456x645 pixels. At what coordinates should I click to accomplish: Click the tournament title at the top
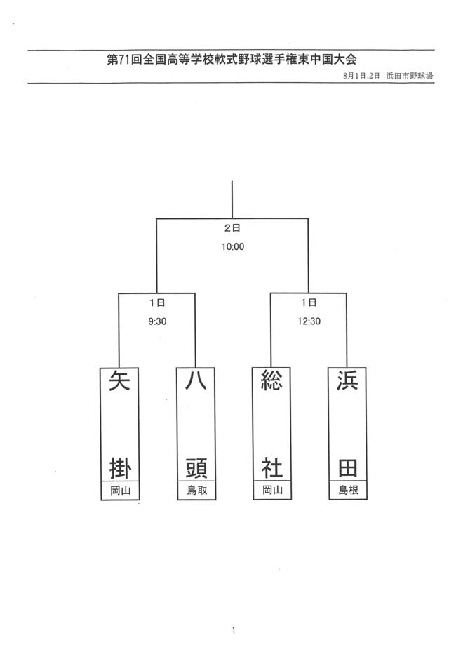tap(232, 60)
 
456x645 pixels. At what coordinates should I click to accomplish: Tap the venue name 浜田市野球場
tap(410, 76)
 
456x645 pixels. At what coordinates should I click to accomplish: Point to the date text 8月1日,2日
tap(361, 76)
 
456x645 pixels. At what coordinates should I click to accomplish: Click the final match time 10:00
tap(233, 247)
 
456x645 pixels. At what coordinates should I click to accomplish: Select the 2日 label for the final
tap(232, 228)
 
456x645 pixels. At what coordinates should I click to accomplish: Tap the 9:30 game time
tap(157, 321)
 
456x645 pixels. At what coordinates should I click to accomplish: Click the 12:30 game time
tap(309, 321)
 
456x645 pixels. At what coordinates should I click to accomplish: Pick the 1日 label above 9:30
tap(157, 302)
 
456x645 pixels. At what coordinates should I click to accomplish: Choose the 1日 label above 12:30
tap(309, 302)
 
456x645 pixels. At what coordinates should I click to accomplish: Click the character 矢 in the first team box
tap(120, 380)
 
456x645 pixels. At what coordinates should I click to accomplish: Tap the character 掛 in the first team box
tap(120, 468)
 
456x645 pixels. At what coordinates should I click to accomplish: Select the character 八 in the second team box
tap(196, 380)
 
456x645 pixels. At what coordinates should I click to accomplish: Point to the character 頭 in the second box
tap(196, 468)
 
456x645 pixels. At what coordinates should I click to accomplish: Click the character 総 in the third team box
tap(271, 380)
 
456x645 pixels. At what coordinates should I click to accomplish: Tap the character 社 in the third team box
tap(272, 468)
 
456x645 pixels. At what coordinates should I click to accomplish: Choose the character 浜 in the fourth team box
tap(347, 380)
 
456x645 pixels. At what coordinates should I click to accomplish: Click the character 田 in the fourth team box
tap(348, 468)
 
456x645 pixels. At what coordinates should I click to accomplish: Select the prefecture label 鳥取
tap(197, 491)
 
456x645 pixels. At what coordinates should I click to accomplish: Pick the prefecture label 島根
tap(348, 491)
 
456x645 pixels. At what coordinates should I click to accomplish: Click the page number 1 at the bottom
tap(233, 630)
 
